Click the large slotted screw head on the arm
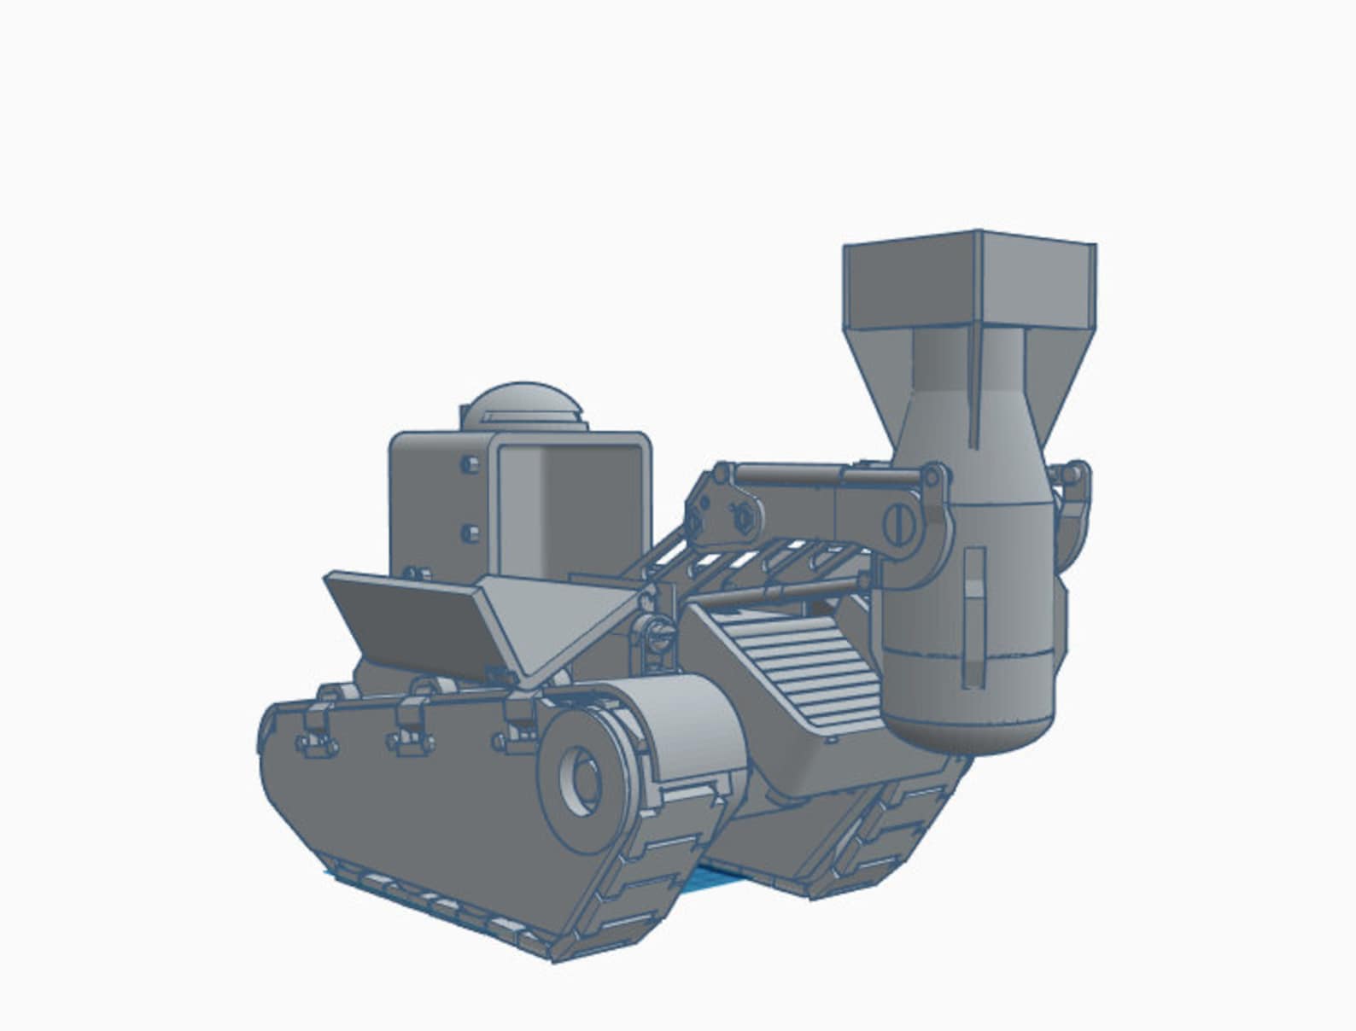tap(898, 521)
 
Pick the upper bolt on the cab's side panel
tap(468, 465)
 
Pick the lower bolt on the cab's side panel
tap(469, 533)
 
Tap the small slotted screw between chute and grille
tap(657, 632)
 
